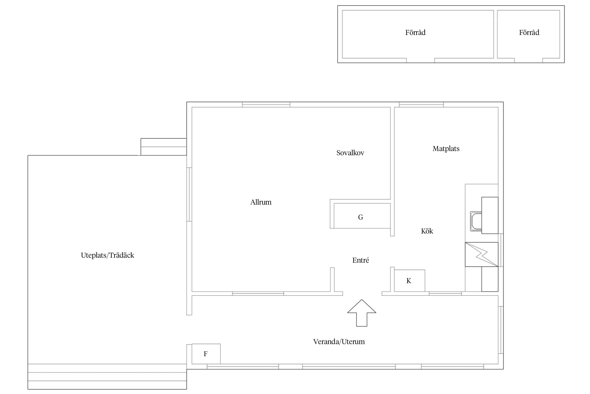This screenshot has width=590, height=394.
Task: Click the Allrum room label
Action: click(261, 202)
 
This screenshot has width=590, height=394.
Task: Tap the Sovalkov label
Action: click(350, 153)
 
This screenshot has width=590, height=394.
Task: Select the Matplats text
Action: click(446, 149)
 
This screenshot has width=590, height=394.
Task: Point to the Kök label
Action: click(427, 231)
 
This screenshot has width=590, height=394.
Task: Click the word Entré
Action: click(361, 260)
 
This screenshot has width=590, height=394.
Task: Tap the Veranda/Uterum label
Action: click(339, 341)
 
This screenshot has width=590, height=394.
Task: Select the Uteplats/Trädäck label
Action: click(108, 255)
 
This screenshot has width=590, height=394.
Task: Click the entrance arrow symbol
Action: click(362, 313)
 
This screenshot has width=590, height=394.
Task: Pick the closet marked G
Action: click(362, 216)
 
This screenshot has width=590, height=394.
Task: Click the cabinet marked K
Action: click(410, 281)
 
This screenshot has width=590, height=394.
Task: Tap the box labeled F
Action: click(206, 354)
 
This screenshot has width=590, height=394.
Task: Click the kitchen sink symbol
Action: click(476, 221)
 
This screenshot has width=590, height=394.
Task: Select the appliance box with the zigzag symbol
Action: click(481, 254)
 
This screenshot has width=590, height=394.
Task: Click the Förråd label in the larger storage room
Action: click(415, 32)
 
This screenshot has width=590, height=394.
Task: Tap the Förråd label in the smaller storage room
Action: click(529, 32)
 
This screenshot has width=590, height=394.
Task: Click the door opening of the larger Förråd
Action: click(421, 60)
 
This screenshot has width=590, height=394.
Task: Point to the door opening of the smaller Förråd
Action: click(528, 60)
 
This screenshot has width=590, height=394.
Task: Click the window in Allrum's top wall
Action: click(266, 105)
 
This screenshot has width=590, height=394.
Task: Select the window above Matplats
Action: click(421, 105)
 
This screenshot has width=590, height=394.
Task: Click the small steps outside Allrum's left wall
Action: click(164, 147)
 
